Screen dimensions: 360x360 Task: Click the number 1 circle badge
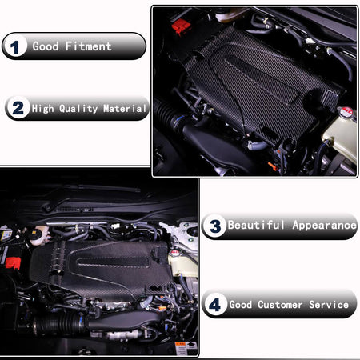15,46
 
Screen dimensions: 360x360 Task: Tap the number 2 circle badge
18,108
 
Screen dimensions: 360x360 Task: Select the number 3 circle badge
215,226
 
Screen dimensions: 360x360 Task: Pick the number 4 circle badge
215,304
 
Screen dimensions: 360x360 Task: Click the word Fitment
88,46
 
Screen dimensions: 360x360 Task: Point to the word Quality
78,109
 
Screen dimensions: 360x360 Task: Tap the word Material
125,109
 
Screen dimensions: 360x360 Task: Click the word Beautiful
256,225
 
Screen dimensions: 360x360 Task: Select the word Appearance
324,226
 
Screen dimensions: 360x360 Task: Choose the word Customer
280,305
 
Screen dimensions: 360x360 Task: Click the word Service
329,305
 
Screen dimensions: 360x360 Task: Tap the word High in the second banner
42,109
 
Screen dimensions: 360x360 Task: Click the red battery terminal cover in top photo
181,26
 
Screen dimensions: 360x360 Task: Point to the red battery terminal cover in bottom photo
13,263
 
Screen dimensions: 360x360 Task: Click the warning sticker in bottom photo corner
186,348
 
